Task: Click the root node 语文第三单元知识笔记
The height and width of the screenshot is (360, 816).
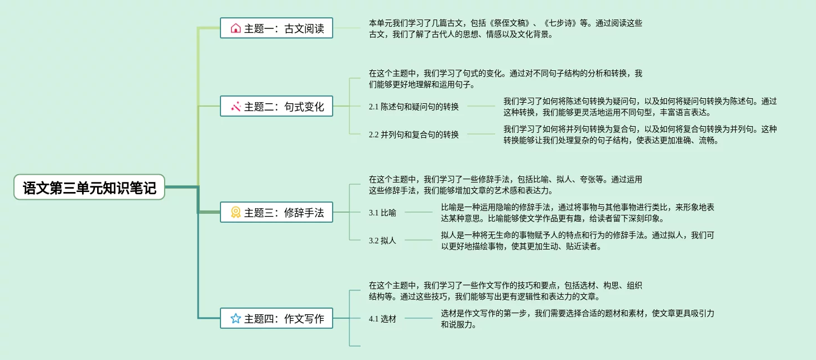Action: [89, 188]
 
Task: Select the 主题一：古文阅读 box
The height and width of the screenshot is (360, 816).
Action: [276, 28]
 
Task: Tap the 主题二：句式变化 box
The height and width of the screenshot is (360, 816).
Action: [276, 106]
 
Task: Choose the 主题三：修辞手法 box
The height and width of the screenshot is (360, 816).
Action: [276, 212]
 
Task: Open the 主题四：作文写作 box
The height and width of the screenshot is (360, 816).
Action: [276, 318]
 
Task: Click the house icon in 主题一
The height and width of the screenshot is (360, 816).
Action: [236, 28]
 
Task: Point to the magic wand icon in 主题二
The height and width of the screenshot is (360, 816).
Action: [236, 106]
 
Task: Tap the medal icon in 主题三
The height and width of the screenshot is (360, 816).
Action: [236, 212]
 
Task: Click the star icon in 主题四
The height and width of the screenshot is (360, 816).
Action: [236, 318]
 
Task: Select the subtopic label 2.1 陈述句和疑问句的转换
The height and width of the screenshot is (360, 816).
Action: [414, 107]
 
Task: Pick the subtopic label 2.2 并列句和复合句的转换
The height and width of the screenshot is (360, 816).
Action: [414, 135]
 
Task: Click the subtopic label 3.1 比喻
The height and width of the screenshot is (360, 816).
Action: [382, 213]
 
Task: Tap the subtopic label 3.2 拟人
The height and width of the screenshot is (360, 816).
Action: [382, 241]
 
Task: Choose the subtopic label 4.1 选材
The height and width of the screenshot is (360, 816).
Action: [382, 319]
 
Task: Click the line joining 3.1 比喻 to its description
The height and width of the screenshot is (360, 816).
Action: [419, 212]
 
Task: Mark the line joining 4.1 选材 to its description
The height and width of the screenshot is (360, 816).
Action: [419, 318]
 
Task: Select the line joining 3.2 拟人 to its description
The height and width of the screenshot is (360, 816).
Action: [419, 240]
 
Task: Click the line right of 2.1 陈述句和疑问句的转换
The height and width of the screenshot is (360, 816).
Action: [481, 106]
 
